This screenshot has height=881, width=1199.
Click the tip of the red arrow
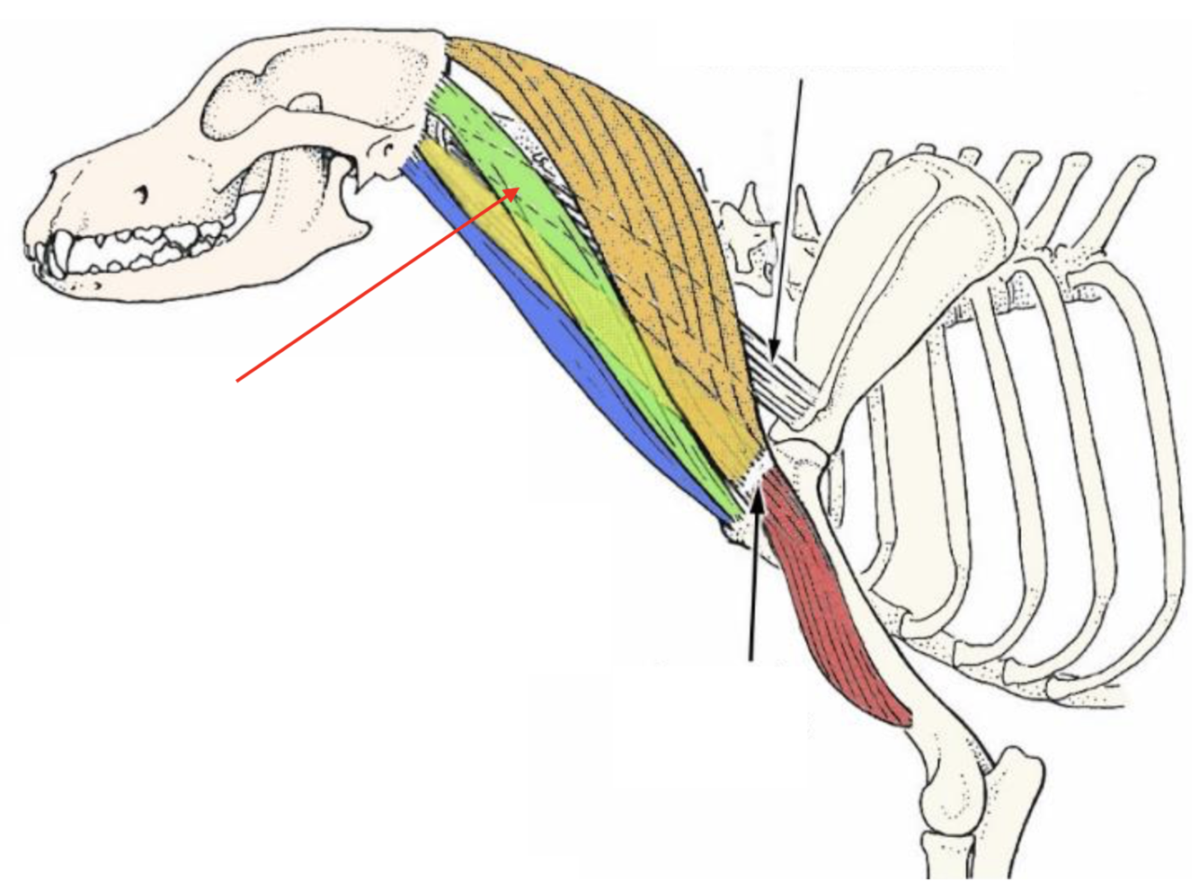pyautogui.click(x=519, y=189)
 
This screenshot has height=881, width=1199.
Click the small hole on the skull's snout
pyautogui.click(x=141, y=192)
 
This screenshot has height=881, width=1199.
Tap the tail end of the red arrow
pyautogui.click(x=237, y=381)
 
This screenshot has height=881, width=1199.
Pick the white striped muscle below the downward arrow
pyautogui.click(x=791, y=382)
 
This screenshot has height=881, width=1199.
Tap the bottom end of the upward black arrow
pyautogui.click(x=751, y=660)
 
